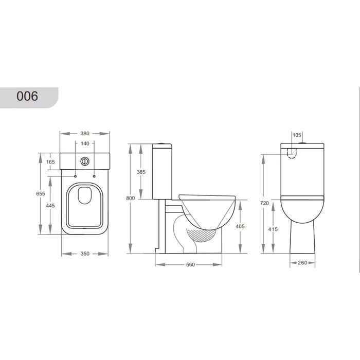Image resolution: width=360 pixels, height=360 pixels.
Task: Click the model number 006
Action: [27, 96]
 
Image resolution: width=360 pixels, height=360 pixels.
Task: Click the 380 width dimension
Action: [85, 133]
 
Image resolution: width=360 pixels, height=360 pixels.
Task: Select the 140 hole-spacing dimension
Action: [85, 143]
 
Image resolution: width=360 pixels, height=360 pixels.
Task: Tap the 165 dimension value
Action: [50, 162]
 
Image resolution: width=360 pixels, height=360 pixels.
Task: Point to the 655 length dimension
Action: [41, 193]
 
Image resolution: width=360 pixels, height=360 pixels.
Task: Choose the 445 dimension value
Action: [50, 206]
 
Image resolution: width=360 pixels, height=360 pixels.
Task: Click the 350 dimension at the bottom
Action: [85, 254]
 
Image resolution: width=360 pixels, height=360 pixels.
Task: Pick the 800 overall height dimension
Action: [131, 198]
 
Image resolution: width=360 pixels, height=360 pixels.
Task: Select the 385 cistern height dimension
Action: [141, 172]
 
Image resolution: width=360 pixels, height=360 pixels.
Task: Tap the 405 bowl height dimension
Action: [240, 226]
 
